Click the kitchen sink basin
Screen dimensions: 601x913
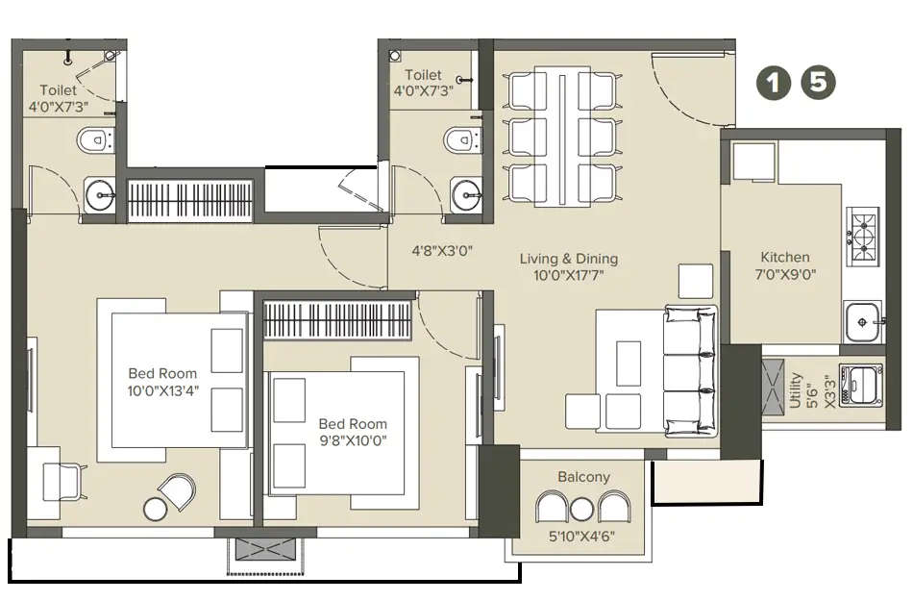click(x=864, y=315)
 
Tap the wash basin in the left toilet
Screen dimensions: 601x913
click(x=101, y=195)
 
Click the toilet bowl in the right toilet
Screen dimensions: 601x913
click(x=459, y=141)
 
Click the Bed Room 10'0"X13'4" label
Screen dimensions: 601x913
click(x=162, y=382)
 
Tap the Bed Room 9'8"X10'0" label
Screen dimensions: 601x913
click(x=353, y=432)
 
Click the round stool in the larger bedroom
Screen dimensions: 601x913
click(x=156, y=508)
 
